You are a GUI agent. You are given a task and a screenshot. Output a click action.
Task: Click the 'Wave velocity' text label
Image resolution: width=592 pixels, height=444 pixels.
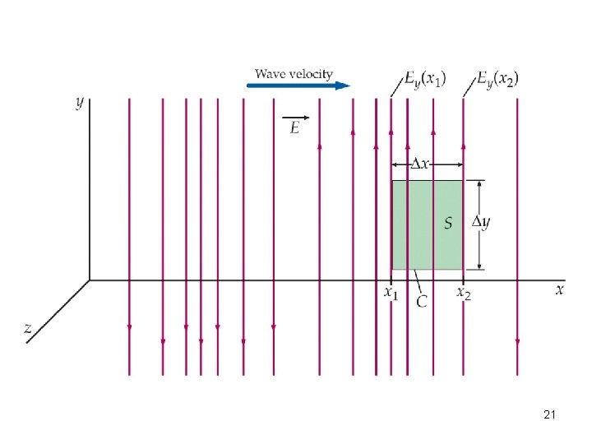point(294,74)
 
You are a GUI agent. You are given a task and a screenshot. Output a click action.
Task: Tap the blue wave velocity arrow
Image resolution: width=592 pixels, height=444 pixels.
point(299,85)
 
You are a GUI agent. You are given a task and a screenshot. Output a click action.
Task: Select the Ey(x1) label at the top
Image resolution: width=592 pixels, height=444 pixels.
point(425,80)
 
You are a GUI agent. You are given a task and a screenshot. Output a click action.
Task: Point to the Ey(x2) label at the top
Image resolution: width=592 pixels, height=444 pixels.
point(497,80)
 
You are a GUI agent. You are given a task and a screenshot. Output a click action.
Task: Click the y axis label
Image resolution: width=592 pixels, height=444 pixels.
point(79,102)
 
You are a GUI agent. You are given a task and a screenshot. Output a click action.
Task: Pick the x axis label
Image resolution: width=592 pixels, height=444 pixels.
point(559,289)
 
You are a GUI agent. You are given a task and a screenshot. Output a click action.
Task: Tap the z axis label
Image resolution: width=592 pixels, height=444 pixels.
point(28,327)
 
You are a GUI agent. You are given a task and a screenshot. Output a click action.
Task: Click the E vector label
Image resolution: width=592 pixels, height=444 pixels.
point(294,128)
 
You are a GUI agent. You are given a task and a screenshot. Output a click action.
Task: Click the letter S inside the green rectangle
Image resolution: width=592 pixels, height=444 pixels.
point(448,223)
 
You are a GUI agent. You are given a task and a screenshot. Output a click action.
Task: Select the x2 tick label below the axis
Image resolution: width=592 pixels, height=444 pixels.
point(464,292)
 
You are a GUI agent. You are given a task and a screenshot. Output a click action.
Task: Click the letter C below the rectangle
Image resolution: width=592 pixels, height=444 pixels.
point(422,302)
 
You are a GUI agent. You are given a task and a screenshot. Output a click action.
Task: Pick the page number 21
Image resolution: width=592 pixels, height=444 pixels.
point(550,417)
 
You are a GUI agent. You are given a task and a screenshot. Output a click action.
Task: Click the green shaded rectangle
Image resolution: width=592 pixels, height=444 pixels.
point(436,247)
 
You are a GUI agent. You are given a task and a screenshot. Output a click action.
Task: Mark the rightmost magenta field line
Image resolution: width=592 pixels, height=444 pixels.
point(517,230)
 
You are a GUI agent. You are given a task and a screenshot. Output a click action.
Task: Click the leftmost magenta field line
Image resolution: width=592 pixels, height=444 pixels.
point(129,230)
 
